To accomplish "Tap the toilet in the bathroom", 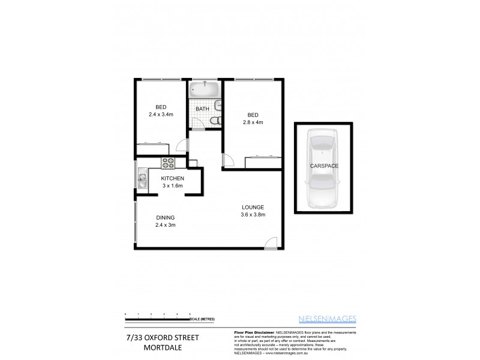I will [214, 121].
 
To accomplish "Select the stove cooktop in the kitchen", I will [167, 162].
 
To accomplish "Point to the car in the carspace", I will [323, 169].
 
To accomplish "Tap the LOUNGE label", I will [253, 207].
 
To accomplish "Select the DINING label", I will [165, 218].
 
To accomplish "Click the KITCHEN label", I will [172, 179].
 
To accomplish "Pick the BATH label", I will [202, 109].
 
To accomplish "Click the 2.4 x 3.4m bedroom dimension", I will [161, 113].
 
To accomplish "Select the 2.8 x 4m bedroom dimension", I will [253, 122].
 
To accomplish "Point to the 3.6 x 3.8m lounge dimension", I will [253, 214].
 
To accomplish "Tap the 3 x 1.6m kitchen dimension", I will [172, 186].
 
